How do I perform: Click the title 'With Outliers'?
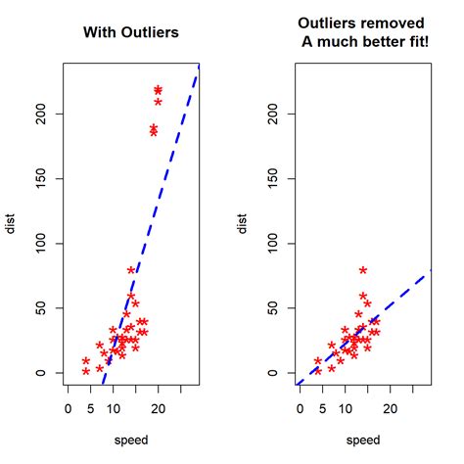pos(130,33)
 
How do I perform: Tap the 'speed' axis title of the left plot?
pos(130,440)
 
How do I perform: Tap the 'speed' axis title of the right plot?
pos(363,440)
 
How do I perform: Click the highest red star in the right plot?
pos(363,270)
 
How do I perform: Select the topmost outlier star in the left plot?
pos(159,90)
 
